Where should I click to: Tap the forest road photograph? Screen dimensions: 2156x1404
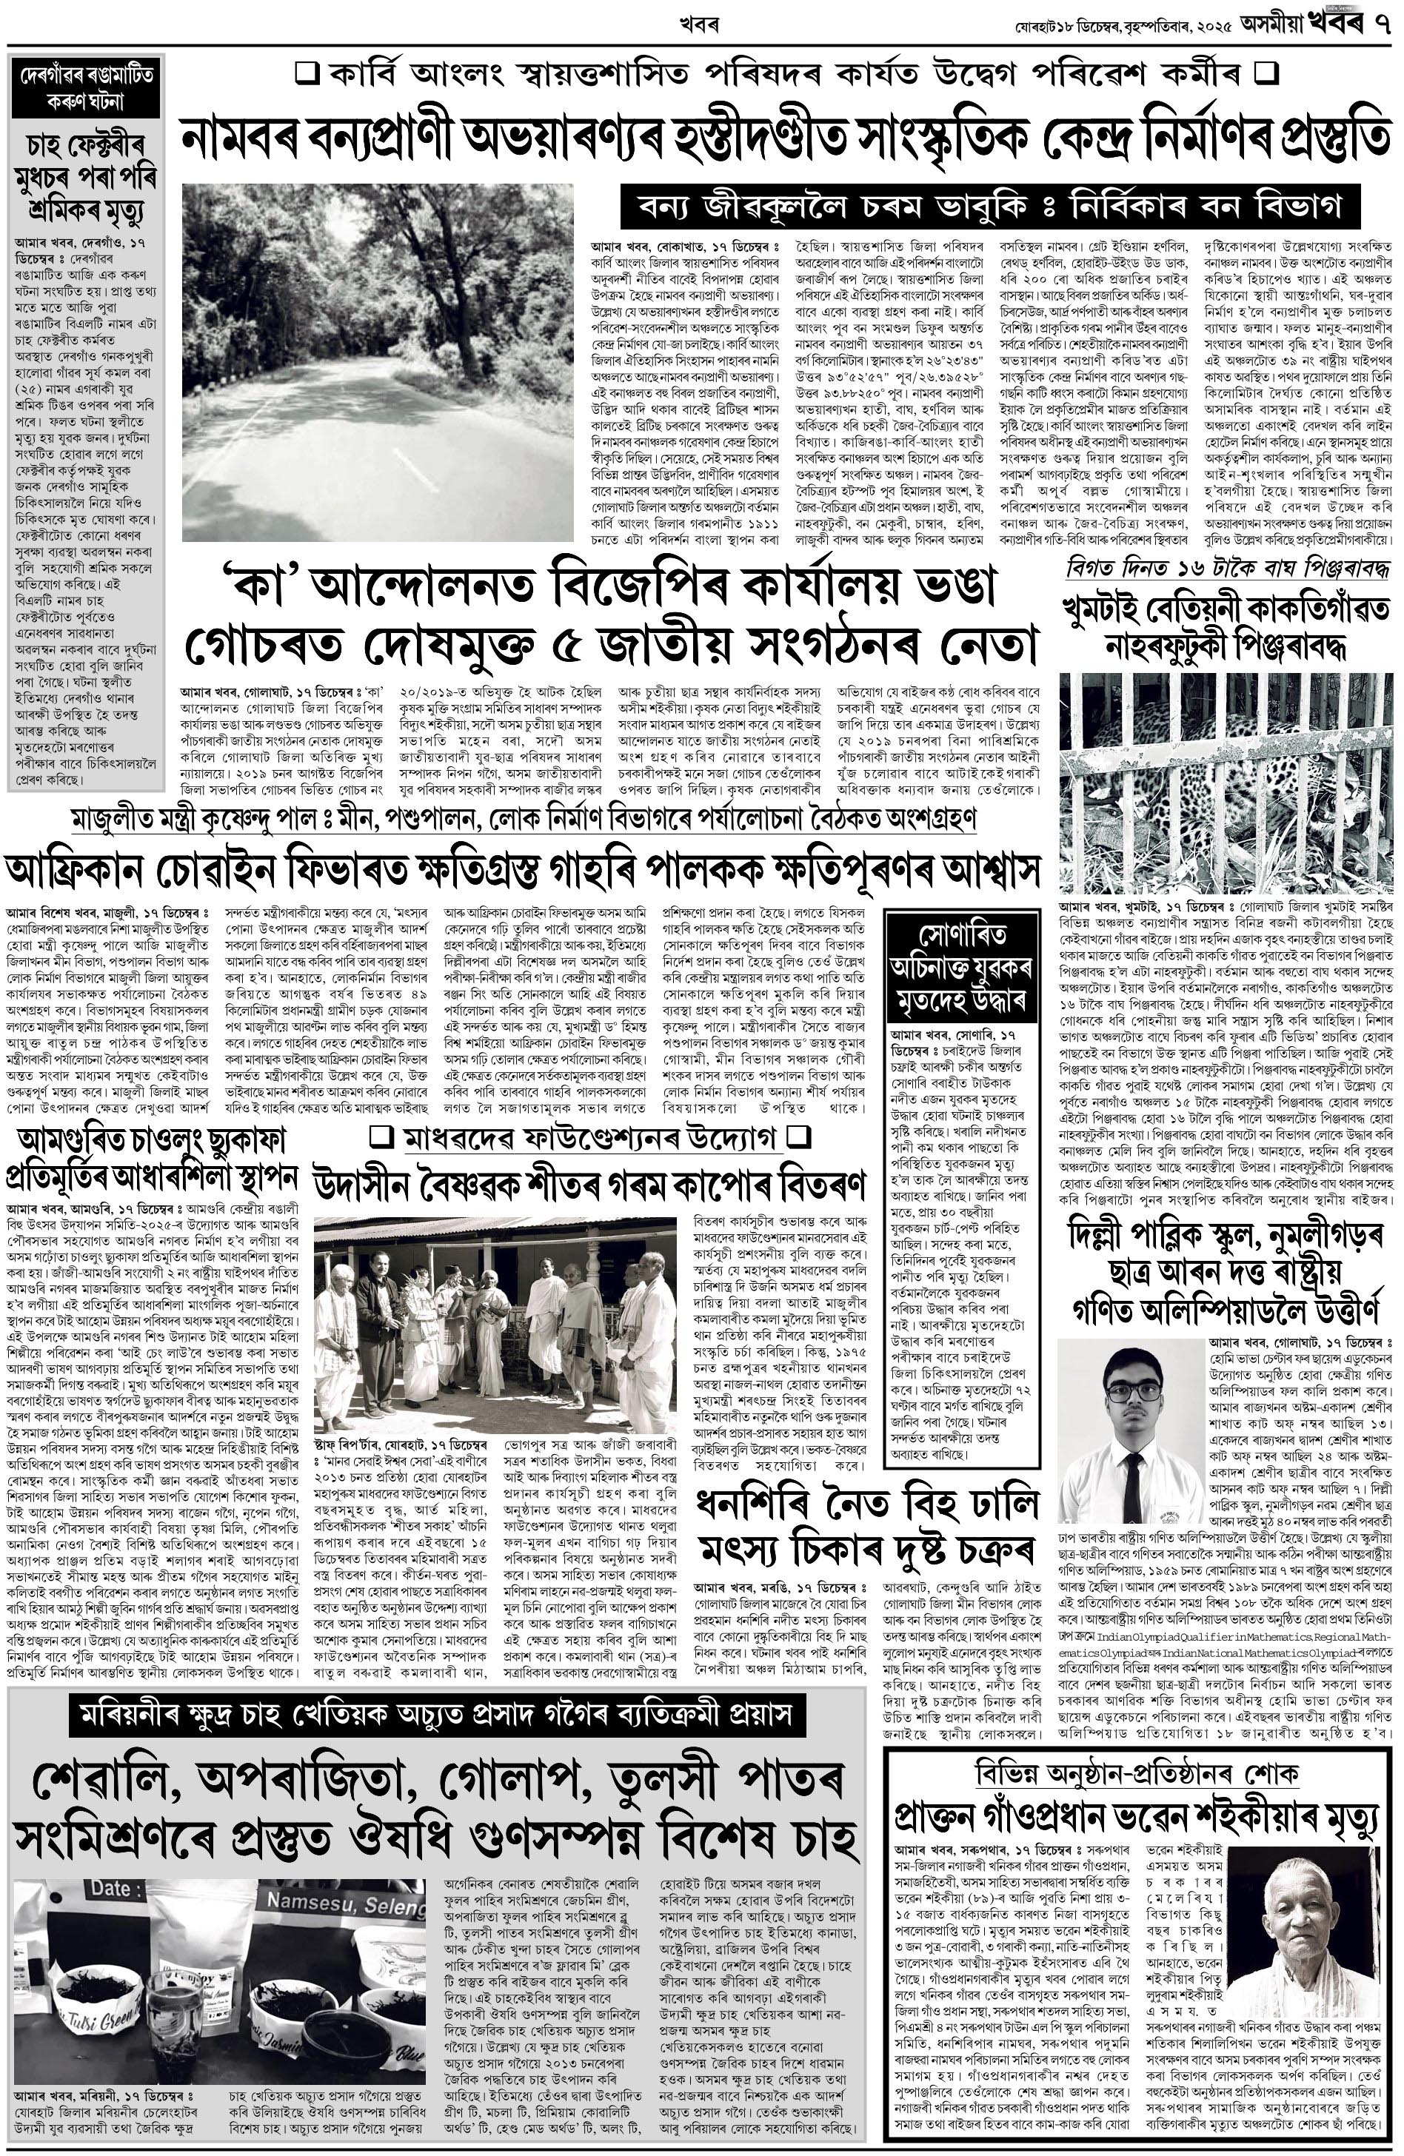pyautogui.click(x=378, y=362)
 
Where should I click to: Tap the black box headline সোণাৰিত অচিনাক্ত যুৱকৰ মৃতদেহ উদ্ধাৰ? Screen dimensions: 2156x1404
pyautogui.click(x=960, y=968)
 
